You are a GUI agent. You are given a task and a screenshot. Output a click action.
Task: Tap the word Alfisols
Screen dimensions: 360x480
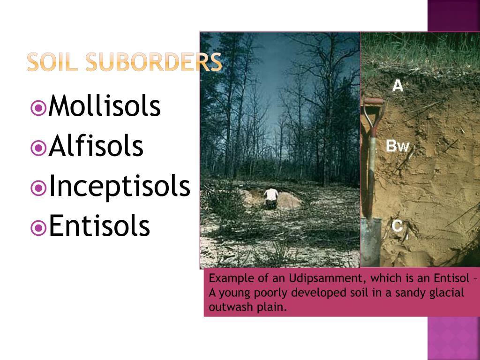[x=96, y=146]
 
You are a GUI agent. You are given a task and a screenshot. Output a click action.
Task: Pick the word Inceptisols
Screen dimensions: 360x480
[x=120, y=186]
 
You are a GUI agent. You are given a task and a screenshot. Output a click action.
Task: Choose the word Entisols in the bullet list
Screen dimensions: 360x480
[x=99, y=225]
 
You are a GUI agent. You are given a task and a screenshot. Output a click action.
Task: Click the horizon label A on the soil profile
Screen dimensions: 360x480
[x=397, y=86]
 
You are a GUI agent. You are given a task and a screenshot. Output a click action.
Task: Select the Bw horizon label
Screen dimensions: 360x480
[x=397, y=147]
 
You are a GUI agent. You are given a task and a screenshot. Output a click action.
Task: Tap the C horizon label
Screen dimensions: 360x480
[x=397, y=226]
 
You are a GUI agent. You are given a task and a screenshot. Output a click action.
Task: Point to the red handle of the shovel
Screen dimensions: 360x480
[x=374, y=102]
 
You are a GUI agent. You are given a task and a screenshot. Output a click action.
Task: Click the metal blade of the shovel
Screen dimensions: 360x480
[x=371, y=241]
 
